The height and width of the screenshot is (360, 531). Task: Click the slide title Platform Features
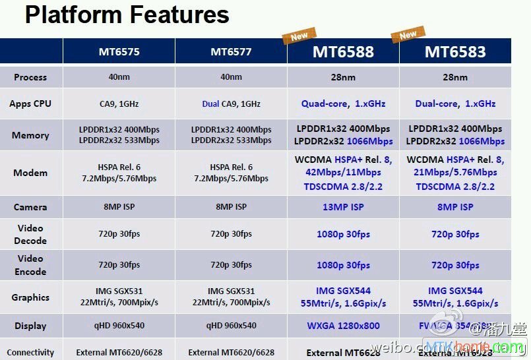127,15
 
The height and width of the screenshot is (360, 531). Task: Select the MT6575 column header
119,51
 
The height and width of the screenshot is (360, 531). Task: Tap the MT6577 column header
231,51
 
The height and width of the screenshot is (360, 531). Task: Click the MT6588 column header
343,51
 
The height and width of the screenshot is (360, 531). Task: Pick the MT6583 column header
455,51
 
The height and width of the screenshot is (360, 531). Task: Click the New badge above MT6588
299,35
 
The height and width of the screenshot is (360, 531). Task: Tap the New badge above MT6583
408,35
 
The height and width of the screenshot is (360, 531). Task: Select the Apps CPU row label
30,104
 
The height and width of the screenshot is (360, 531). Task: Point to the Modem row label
30,173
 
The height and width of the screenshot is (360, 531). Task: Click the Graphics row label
30,297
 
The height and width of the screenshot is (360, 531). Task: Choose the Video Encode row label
30,265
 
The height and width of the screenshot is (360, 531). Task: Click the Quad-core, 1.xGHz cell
343,104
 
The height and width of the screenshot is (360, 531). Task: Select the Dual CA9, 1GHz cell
231,104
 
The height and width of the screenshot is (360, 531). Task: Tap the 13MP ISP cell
343,207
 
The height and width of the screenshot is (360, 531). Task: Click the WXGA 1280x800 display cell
343,326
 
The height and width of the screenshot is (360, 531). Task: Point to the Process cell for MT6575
119,77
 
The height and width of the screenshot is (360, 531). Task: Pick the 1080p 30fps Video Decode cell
343,234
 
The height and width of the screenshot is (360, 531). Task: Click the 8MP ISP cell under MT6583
455,207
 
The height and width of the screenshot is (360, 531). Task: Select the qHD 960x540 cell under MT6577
231,326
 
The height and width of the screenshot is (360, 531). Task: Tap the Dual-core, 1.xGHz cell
455,104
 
